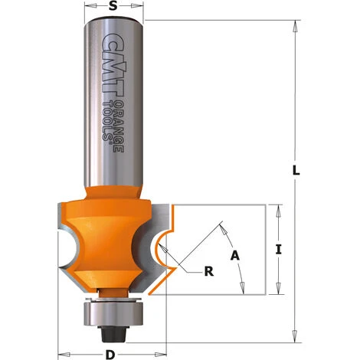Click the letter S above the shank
[113, 8]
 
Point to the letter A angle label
[234, 255]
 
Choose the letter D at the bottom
[112, 353]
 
